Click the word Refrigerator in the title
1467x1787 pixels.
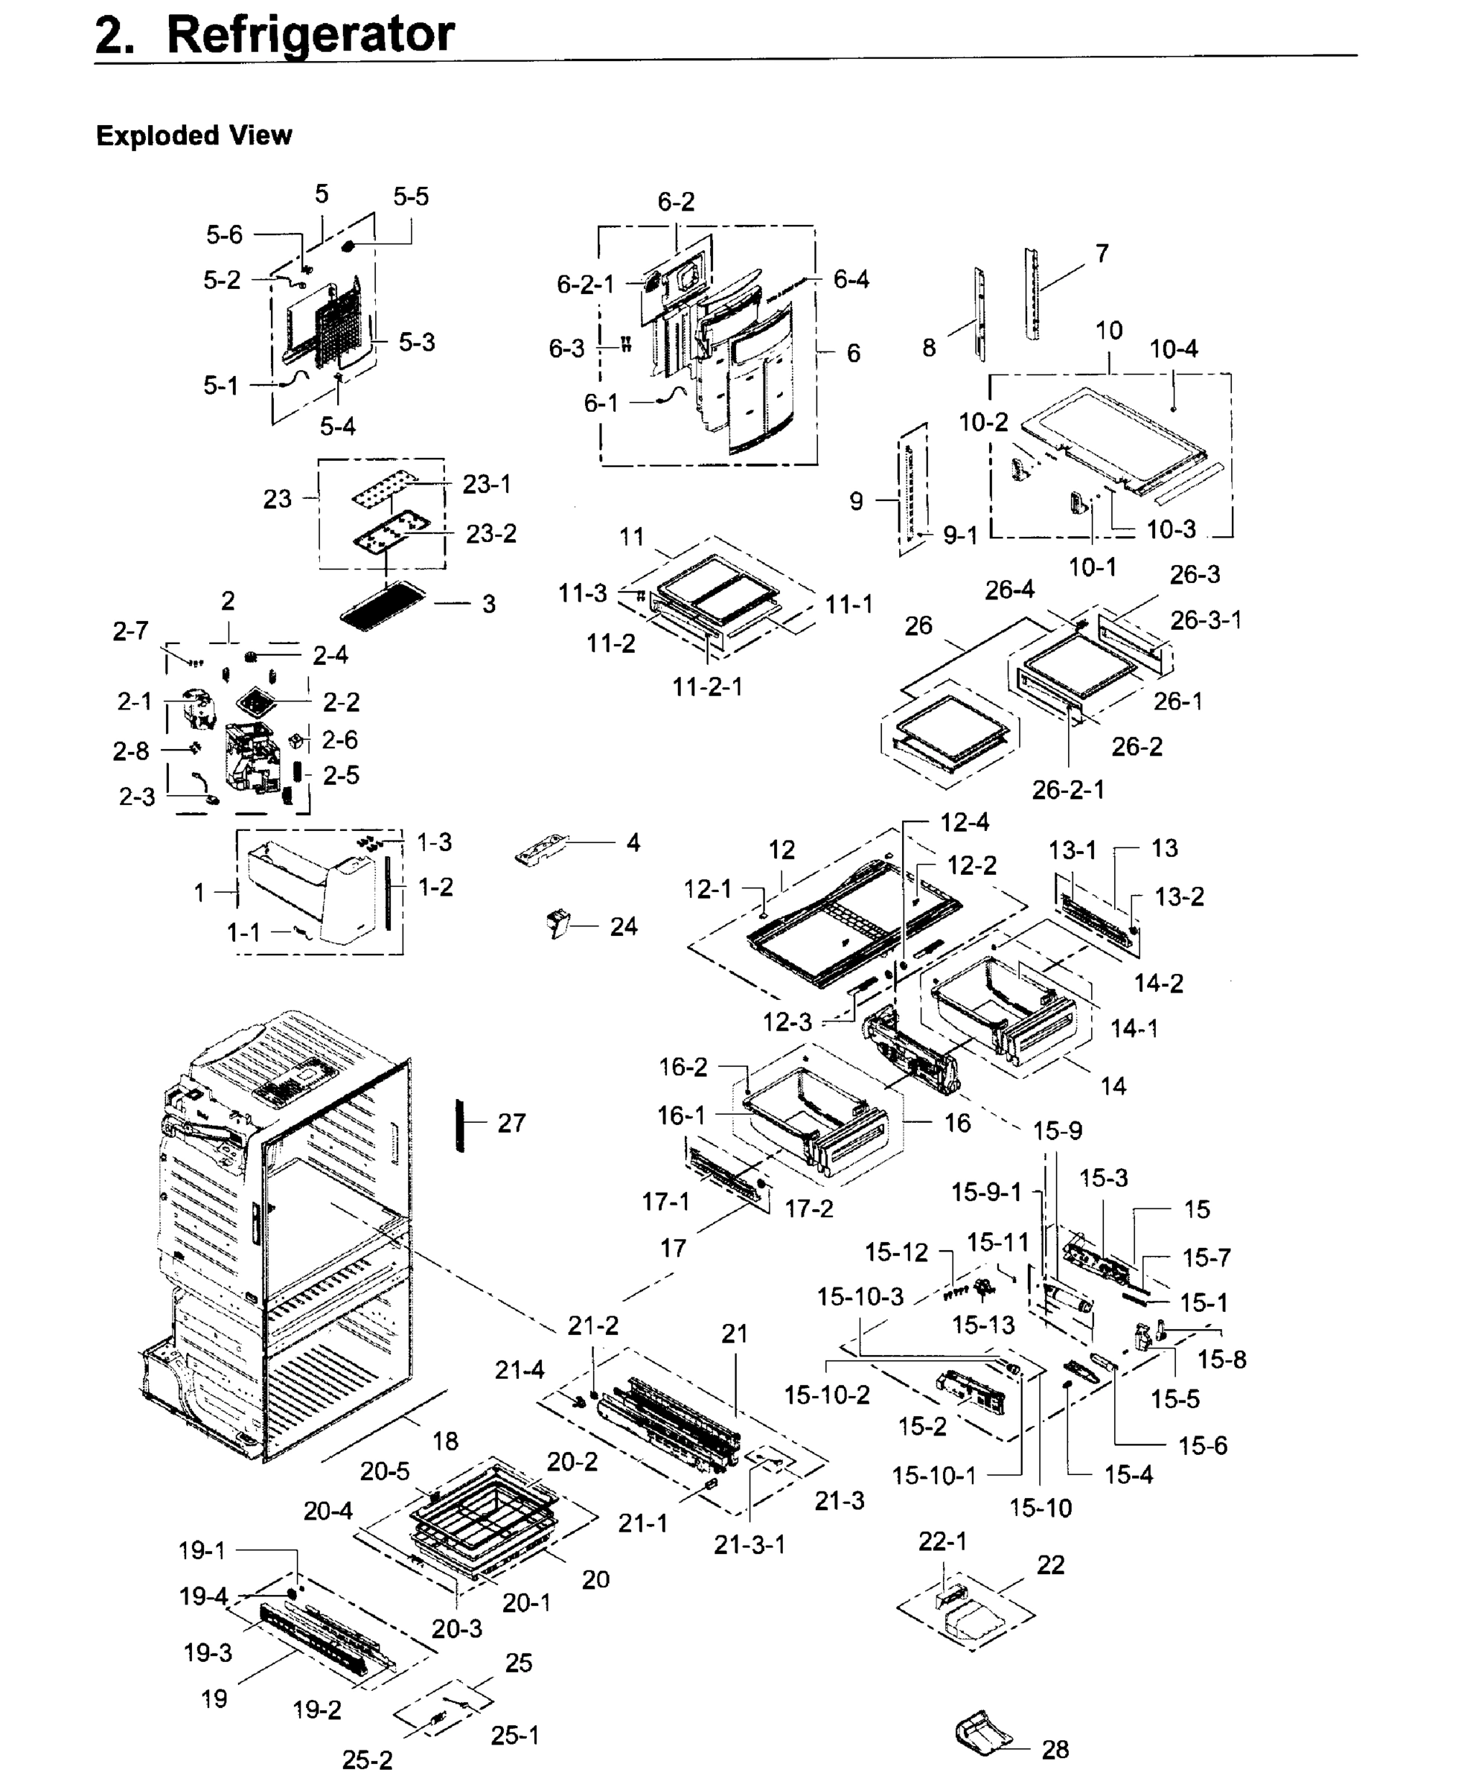coord(310,36)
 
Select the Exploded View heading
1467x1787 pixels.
coord(194,136)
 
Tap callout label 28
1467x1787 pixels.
coord(1055,1749)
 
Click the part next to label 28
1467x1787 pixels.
coord(982,1733)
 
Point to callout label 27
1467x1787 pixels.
coord(511,1123)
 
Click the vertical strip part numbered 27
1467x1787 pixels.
coord(461,1125)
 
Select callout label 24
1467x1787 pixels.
coord(624,926)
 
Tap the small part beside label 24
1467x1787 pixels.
coord(558,923)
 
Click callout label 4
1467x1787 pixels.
coord(633,842)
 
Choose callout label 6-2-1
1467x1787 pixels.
coord(586,284)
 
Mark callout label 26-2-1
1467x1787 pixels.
coord(1068,789)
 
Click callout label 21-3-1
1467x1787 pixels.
coord(750,1544)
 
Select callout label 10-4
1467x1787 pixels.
coord(1173,348)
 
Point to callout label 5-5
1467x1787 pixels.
coord(411,197)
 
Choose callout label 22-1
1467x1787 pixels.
coord(942,1541)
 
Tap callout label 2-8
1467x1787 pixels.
coord(131,751)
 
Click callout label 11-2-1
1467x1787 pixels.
coord(707,687)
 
